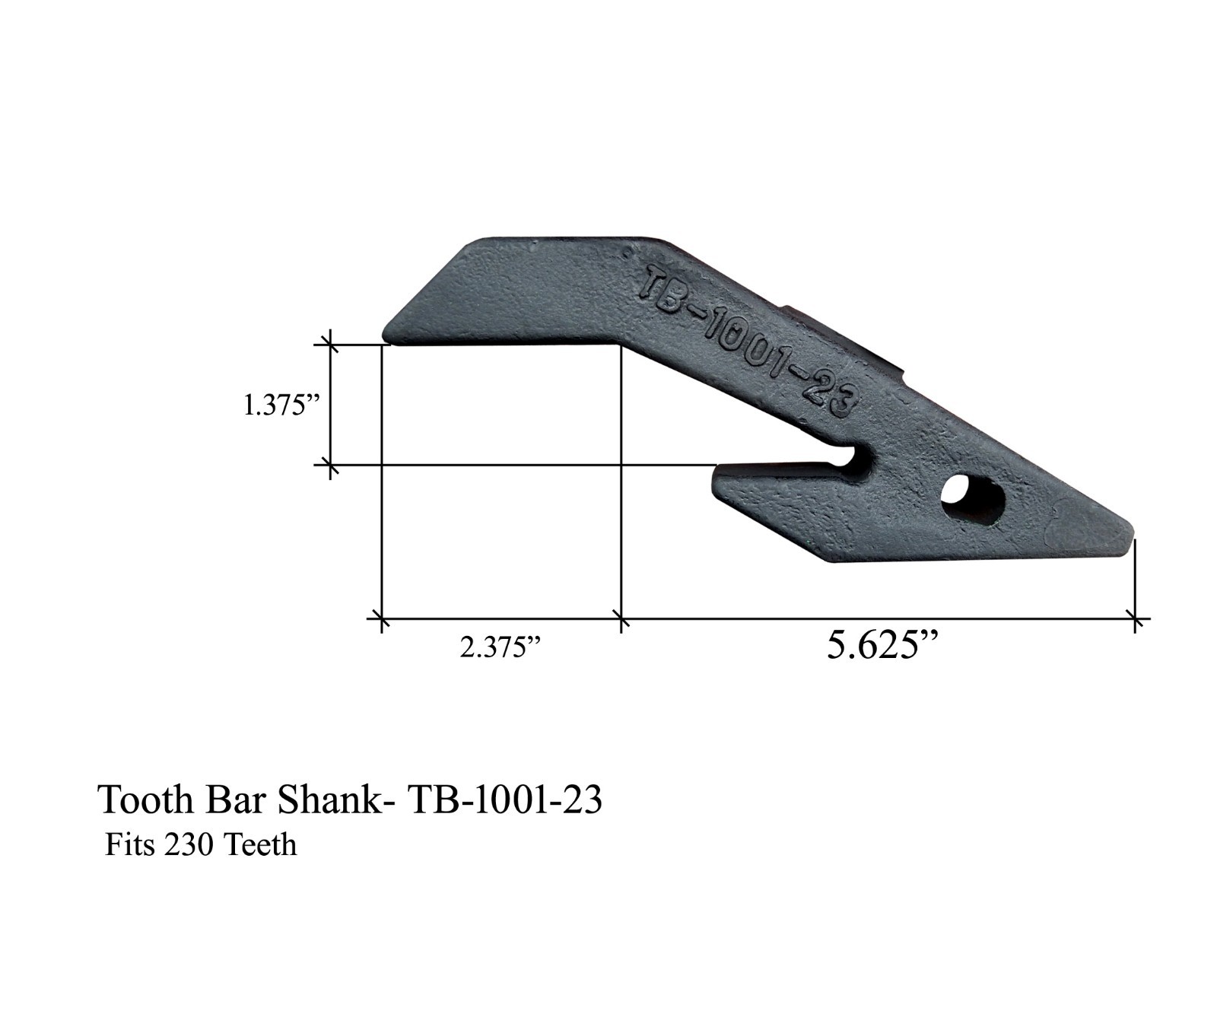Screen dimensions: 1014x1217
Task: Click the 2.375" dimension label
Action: click(501, 648)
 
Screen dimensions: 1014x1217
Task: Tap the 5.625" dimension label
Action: click(882, 646)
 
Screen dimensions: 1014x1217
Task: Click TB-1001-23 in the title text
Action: click(505, 800)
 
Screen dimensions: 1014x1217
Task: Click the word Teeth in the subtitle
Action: click(259, 845)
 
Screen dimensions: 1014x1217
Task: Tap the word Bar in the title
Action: click(237, 800)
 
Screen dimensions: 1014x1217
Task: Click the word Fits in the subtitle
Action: click(126, 845)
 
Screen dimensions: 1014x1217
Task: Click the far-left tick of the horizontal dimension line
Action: click(381, 620)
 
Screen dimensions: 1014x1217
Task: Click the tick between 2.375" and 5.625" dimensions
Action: click(621, 620)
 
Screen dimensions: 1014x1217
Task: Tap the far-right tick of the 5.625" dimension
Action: click(1135, 620)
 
